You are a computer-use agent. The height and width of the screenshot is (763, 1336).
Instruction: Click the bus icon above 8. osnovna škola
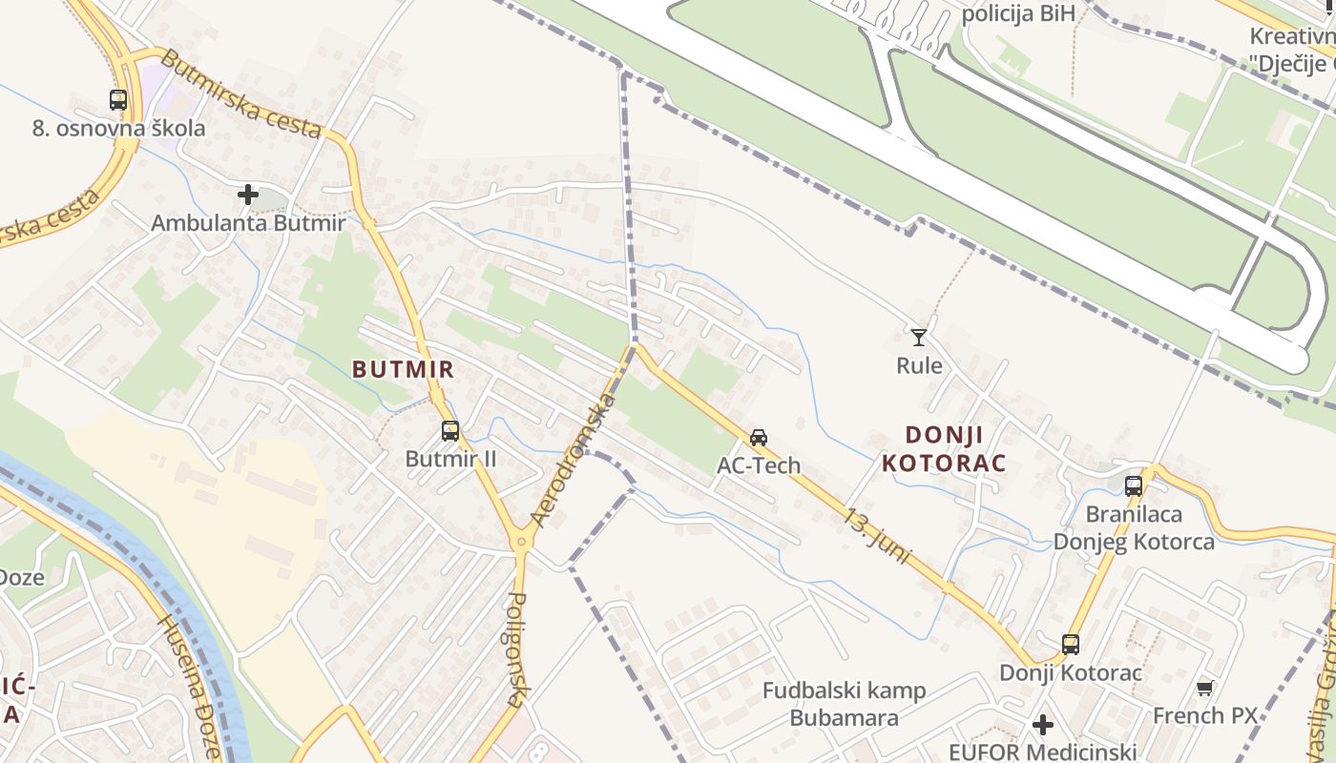click(118, 99)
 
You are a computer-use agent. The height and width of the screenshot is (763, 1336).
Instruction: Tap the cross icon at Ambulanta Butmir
click(248, 196)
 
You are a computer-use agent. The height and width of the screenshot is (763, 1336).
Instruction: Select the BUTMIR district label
click(403, 368)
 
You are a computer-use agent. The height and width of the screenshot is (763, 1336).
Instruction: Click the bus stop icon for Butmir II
click(450, 431)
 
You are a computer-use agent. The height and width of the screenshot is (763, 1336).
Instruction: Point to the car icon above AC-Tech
click(759, 438)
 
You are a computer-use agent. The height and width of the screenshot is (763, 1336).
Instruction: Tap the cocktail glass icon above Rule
click(919, 337)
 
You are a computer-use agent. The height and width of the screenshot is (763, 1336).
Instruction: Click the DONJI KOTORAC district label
click(943, 449)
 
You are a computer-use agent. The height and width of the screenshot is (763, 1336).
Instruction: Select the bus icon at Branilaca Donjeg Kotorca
click(1134, 485)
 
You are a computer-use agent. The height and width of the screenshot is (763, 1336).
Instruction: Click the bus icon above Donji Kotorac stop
click(1071, 645)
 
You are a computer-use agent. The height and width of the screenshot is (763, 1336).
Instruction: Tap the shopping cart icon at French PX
click(1205, 688)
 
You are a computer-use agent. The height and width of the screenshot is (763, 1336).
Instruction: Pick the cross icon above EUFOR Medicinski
click(1043, 725)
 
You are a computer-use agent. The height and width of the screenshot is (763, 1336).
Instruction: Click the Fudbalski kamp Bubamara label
click(845, 704)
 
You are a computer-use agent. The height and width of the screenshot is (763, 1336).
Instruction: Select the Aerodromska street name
click(574, 461)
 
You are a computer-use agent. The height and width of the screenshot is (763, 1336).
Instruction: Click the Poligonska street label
click(516, 649)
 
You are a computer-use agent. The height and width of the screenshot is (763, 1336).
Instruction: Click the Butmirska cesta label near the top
click(240, 93)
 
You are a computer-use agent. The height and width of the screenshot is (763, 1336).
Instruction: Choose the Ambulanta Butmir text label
click(248, 223)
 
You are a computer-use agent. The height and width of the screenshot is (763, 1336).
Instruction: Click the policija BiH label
click(1018, 13)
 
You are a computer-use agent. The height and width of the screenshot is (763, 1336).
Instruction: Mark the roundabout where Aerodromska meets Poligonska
click(521, 542)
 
